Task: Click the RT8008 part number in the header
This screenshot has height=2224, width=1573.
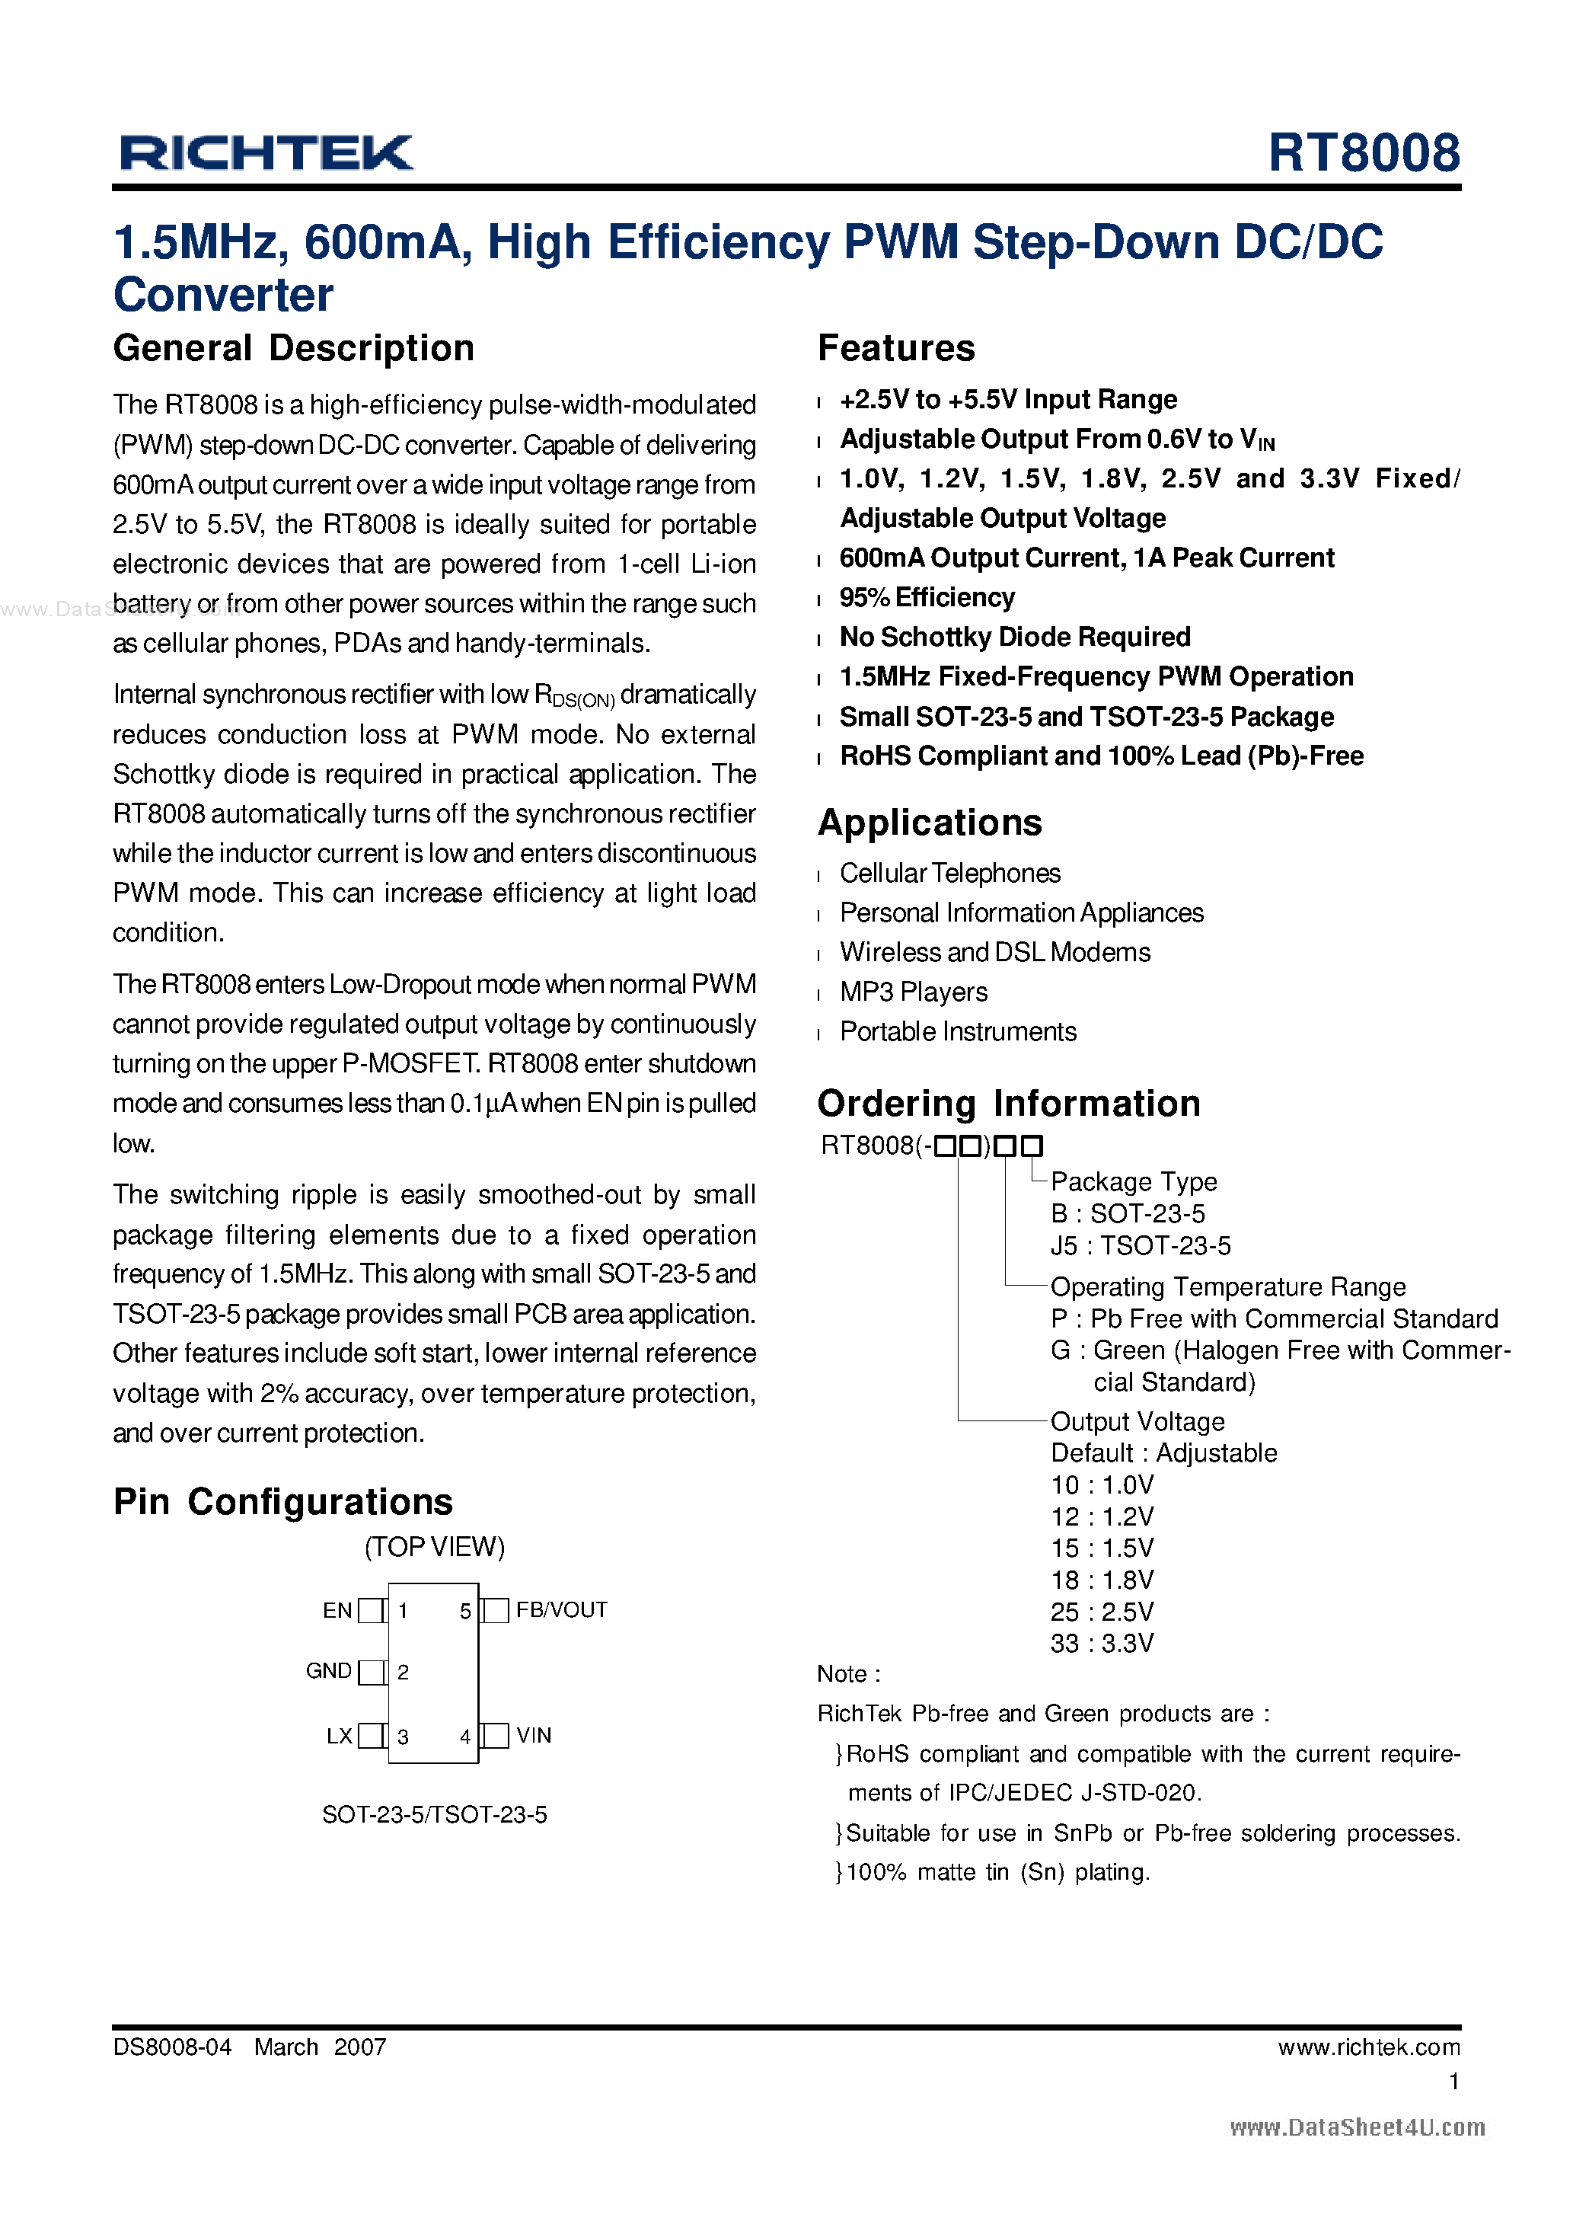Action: pyautogui.click(x=1363, y=153)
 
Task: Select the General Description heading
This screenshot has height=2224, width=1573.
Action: pyautogui.click(x=293, y=349)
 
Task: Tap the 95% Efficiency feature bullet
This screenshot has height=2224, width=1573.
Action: pyautogui.click(x=927, y=598)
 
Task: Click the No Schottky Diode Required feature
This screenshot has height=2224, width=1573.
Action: pyautogui.click(x=1014, y=637)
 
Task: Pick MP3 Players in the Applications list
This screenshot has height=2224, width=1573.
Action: pyautogui.click(x=914, y=992)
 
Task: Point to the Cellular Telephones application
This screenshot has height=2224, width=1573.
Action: pyautogui.click(x=949, y=874)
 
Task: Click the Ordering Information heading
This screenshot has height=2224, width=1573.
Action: pyautogui.click(x=1008, y=1104)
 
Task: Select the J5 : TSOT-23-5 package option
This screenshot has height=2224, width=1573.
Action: pyautogui.click(x=1140, y=1246)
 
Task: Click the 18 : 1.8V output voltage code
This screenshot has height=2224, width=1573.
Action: pyautogui.click(x=1101, y=1580)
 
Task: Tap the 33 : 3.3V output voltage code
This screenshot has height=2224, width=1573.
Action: pyautogui.click(x=1101, y=1643)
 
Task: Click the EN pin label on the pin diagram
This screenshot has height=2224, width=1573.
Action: pyautogui.click(x=337, y=1611)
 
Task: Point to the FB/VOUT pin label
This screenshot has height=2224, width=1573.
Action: pyautogui.click(x=561, y=1610)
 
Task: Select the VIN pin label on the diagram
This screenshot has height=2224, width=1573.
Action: pyautogui.click(x=534, y=1735)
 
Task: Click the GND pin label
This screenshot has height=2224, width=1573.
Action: pyautogui.click(x=328, y=1671)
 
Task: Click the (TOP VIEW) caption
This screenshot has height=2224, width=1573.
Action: pyautogui.click(x=434, y=1547)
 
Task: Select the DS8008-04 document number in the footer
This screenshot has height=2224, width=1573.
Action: pyautogui.click(x=172, y=2047)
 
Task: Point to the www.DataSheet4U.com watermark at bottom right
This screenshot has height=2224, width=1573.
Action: pyautogui.click(x=1356, y=2127)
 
